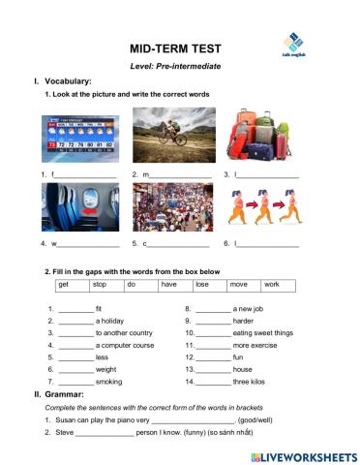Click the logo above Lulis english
(293, 42)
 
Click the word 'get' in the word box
(64, 285)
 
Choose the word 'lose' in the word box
(201, 285)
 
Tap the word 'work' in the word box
(272, 285)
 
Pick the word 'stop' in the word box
(99, 285)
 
